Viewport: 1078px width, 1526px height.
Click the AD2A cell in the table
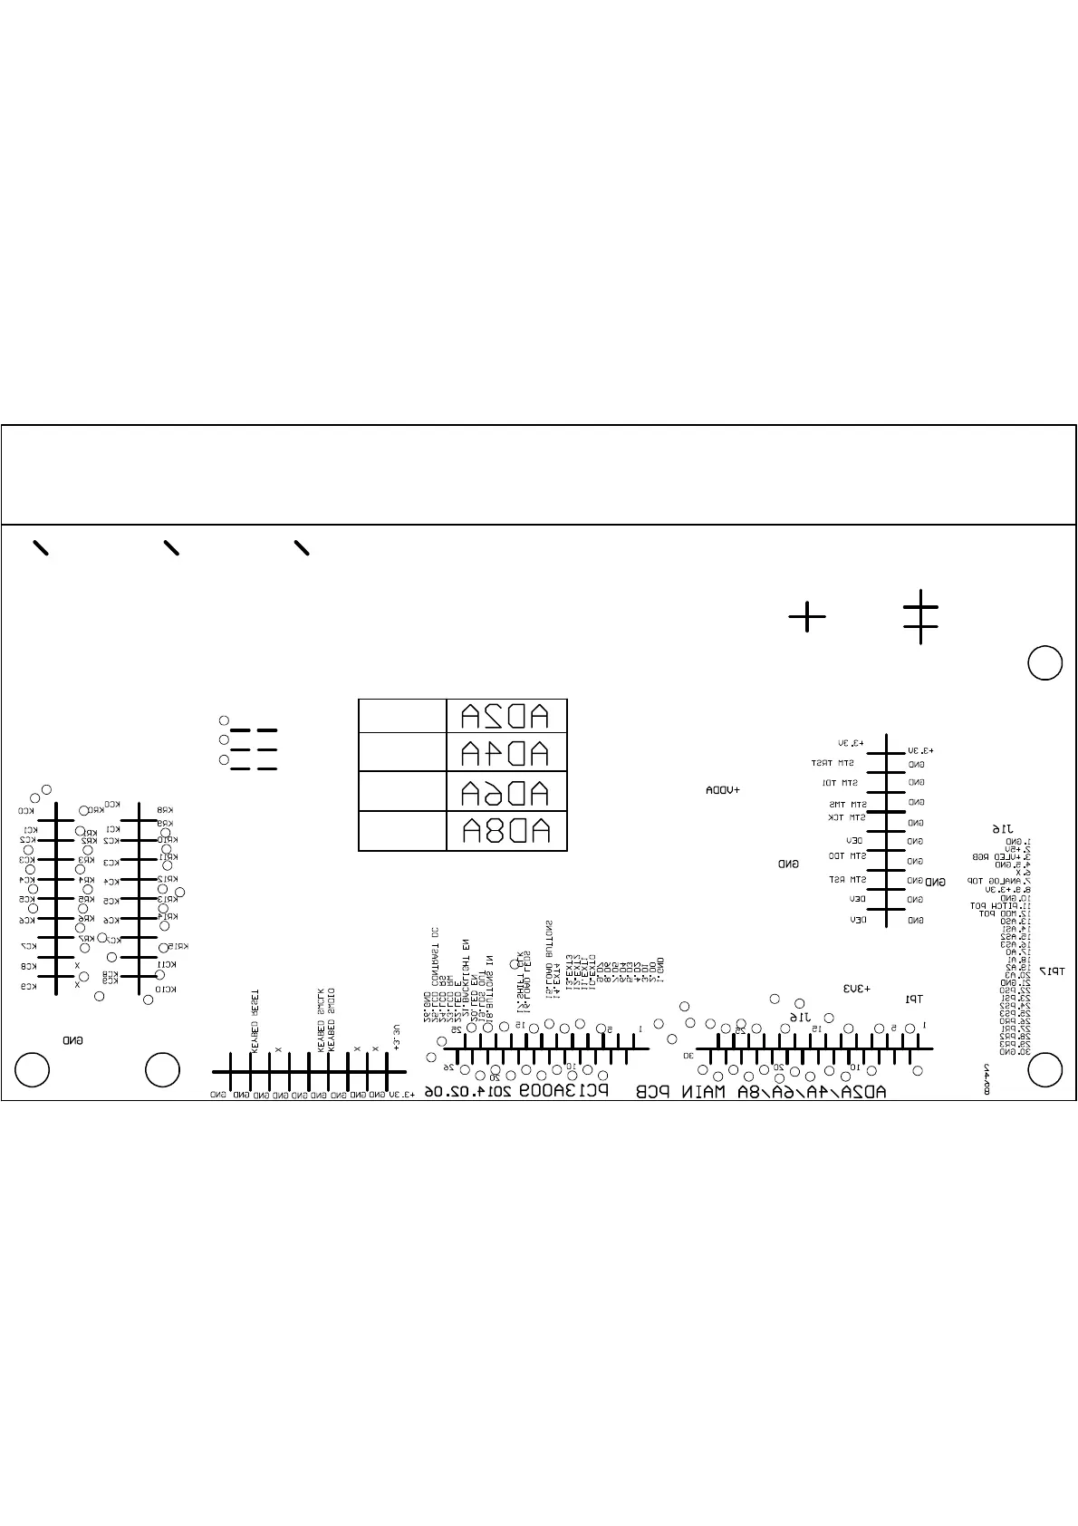(505, 717)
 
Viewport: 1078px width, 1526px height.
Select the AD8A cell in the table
(505, 831)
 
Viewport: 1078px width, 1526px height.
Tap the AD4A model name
(505, 753)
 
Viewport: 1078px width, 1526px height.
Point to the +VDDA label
(723, 791)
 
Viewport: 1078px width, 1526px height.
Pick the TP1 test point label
(914, 999)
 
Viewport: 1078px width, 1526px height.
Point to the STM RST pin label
(849, 879)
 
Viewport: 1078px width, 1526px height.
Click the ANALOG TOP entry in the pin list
(986, 881)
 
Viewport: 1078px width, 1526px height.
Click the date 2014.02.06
(469, 1091)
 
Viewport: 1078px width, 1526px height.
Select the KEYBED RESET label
(255, 1020)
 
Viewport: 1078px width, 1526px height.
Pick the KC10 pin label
(165, 990)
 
